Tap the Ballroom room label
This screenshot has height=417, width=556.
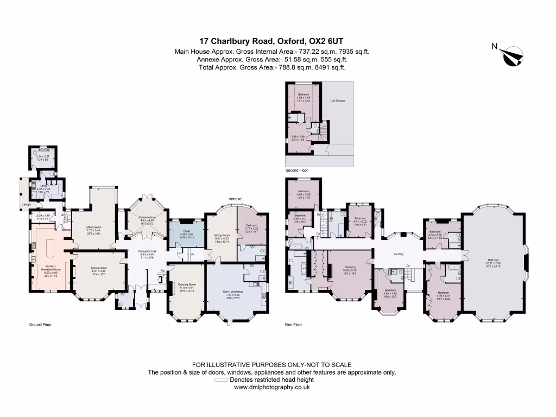(496, 261)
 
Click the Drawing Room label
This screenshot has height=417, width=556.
(186, 284)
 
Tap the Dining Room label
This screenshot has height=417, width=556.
(98, 268)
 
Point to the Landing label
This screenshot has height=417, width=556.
(399, 253)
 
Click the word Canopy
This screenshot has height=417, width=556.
(26, 205)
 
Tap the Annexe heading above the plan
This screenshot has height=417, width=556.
(235, 199)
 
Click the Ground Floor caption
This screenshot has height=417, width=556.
(40, 325)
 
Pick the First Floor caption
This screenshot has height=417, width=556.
(293, 325)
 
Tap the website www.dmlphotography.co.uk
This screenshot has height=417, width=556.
(271, 387)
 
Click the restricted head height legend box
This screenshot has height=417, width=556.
(220, 380)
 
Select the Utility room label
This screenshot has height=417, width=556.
(42, 186)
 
